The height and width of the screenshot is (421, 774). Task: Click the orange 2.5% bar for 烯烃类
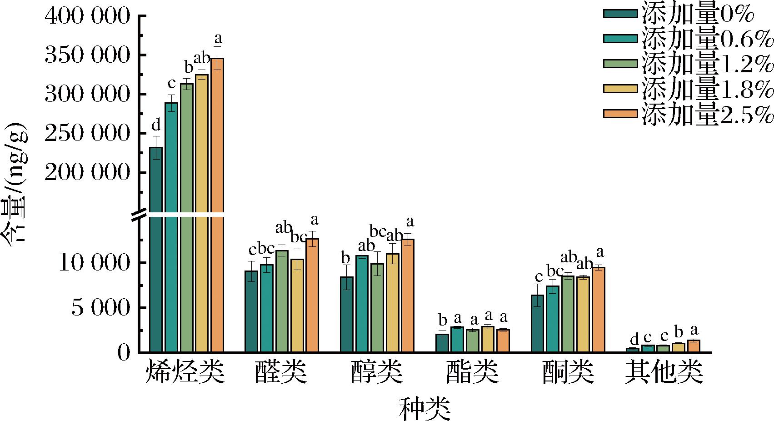(217, 205)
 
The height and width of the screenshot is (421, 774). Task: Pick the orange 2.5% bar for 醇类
(407, 296)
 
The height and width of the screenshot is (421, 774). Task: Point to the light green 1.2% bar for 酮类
(568, 314)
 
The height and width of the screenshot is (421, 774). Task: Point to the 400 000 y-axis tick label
(87, 17)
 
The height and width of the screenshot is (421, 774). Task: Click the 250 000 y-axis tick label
(87, 134)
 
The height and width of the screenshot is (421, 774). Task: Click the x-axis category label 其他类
(664, 373)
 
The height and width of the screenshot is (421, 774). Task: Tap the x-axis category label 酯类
(472, 373)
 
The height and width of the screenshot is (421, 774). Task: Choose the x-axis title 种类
(424, 408)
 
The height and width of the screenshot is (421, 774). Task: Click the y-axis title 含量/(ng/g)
(15, 182)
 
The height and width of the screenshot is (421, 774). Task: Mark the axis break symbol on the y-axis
(140, 214)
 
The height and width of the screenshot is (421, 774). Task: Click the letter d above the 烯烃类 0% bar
(156, 125)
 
